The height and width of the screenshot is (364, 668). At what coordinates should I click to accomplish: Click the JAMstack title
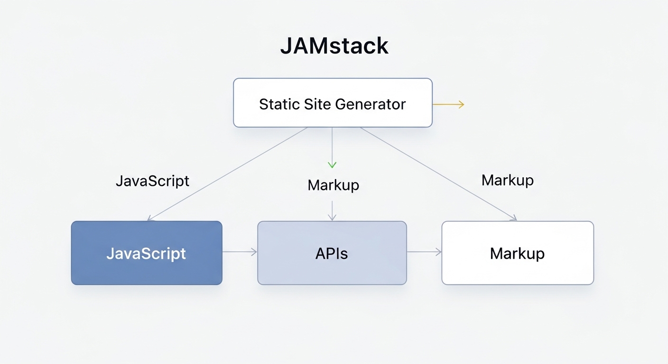pos(334,46)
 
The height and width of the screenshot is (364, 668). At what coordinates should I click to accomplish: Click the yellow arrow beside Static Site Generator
pos(448,105)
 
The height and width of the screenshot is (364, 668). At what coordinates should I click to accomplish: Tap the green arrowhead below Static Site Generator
pos(332,164)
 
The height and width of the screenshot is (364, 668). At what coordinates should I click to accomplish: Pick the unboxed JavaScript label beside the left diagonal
pos(152,181)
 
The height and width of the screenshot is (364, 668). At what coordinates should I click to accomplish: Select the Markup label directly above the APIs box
pos(333,185)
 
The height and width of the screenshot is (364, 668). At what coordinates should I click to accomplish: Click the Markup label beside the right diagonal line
pos(507,180)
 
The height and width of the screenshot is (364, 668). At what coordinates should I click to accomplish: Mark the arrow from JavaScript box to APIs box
pos(240,252)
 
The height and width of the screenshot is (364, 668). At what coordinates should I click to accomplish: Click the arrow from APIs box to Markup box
pos(424,252)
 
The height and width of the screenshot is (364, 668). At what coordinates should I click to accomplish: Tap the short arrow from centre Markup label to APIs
pos(332,210)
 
